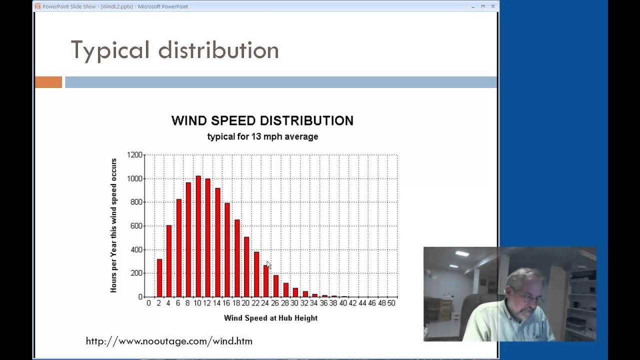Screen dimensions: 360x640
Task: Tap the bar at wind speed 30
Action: pyautogui.click(x=295, y=292)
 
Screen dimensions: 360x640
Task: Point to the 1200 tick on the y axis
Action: pyautogui.click(x=134, y=155)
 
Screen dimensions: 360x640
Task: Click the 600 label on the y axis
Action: pyautogui.click(x=134, y=226)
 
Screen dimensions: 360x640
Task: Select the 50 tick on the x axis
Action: pyautogui.click(x=391, y=303)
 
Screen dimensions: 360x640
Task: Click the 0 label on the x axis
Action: pyautogui.click(x=148, y=303)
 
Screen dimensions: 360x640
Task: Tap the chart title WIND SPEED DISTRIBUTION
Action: pyautogui.click(x=262, y=120)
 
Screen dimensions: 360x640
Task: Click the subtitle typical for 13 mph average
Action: pyautogui.click(x=262, y=136)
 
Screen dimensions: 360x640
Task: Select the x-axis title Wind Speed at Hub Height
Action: pyautogui.click(x=270, y=318)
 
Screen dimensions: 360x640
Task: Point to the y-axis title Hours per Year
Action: pyautogui.click(x=114, y=225)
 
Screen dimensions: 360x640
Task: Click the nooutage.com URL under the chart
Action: pyautogui.click(x=169, y=341)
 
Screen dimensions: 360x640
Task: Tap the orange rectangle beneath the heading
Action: pyautogui.click(x=48, y=82)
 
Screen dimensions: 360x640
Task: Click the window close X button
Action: pyautogui.click(x=493, y=6)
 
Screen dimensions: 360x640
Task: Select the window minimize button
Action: pyautogui.click(x=473, y=6)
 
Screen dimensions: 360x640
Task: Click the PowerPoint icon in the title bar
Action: pyautogui.click(x=37, y=6)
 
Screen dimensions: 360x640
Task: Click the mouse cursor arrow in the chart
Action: pyautogui.click(x=268, y=264)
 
